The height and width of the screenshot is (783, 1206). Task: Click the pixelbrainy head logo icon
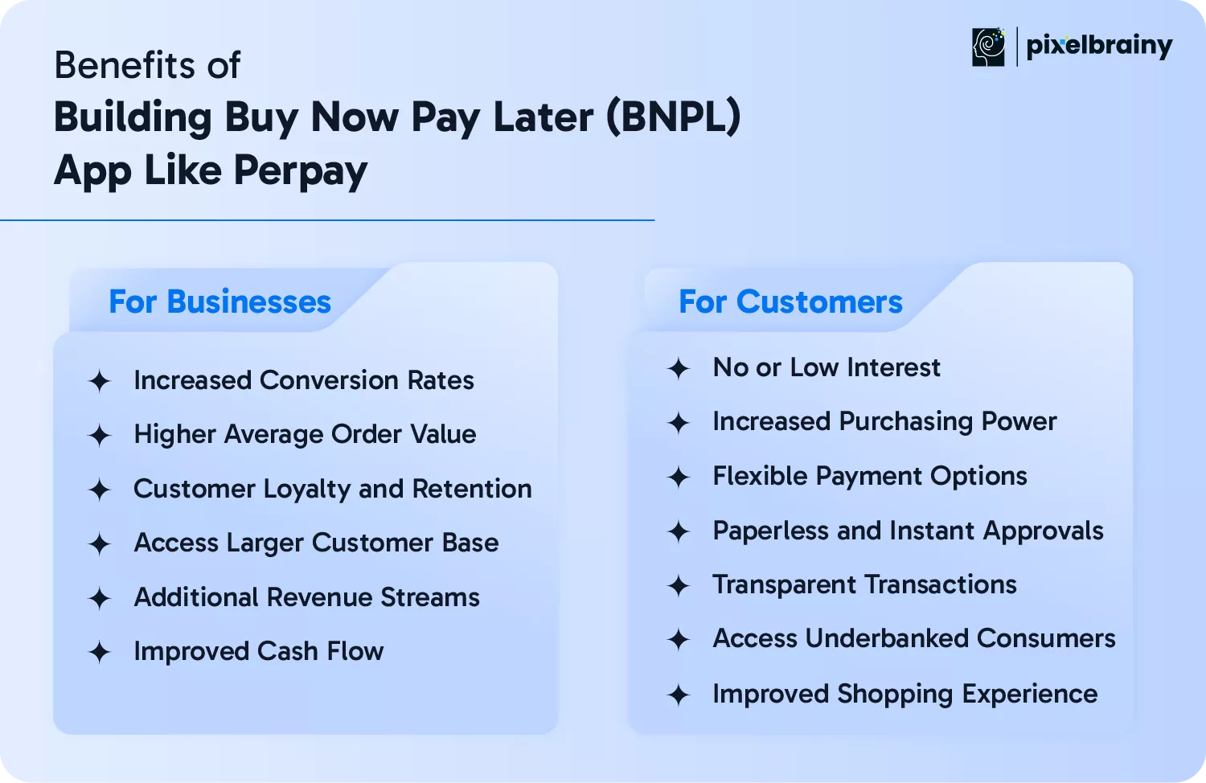pos(988,47)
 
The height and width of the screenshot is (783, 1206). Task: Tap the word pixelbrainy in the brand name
pos(1099,47)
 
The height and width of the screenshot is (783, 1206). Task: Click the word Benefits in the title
pos(125,65)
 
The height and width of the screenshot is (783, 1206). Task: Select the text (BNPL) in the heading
pos(673,117)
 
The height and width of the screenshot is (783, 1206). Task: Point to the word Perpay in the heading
pos(301,171)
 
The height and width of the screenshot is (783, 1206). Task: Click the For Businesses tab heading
pos(219,301)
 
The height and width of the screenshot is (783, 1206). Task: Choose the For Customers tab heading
pos(790,301)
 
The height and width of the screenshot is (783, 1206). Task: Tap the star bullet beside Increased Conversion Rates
pos(99,382)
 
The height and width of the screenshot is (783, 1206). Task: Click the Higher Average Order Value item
pos(305,434)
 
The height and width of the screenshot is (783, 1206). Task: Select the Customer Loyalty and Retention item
pos(333,489)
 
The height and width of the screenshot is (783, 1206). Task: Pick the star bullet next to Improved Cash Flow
pos(99,652)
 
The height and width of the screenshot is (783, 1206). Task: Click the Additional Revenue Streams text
pos(306,597)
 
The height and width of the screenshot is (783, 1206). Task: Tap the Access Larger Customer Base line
pos(316,543)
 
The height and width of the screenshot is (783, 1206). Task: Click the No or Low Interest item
pos(827,367)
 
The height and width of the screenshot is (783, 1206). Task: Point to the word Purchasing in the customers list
pos(905,422)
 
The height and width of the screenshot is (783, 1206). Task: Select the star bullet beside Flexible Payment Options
pos(679,478)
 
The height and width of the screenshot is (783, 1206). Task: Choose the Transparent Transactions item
pos(864,584)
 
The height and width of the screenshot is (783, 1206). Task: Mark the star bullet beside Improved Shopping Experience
pos(679,695)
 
